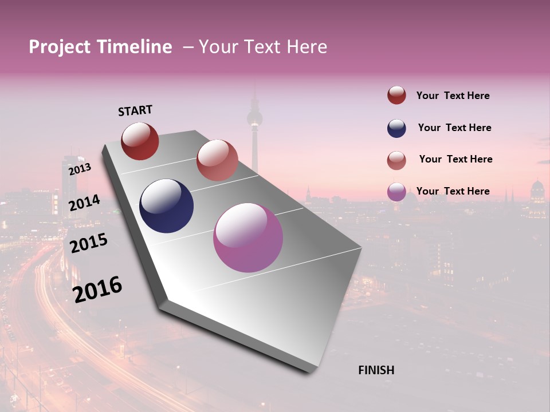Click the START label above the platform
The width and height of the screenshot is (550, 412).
point(135,110)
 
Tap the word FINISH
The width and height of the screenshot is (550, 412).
point(376,370)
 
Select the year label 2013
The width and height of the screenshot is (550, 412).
point(80,169)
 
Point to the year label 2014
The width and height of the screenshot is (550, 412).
point(84,203)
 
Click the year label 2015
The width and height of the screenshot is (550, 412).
point(88,243)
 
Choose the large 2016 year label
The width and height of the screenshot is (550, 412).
point(97,290)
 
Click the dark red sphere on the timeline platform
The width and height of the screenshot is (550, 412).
point(140,141)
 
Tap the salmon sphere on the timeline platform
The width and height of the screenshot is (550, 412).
point(217,160)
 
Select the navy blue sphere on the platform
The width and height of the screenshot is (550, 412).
point(166,206)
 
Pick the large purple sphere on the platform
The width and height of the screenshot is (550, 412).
point(248,237)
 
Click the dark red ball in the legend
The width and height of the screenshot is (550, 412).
point(396,96)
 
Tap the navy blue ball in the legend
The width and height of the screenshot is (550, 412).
point(396,128)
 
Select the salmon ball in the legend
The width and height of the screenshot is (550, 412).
point(396,160)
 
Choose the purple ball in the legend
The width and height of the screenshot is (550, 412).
point(396,192)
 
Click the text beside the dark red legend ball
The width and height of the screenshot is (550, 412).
point(453,96)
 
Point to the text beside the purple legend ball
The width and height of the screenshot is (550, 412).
point(453,191)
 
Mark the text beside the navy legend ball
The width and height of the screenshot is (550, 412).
point(454,128)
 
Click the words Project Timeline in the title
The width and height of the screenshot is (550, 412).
point(100,47)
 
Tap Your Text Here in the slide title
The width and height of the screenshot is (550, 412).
point(263,47)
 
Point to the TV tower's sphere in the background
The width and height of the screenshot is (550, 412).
point(254,119)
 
